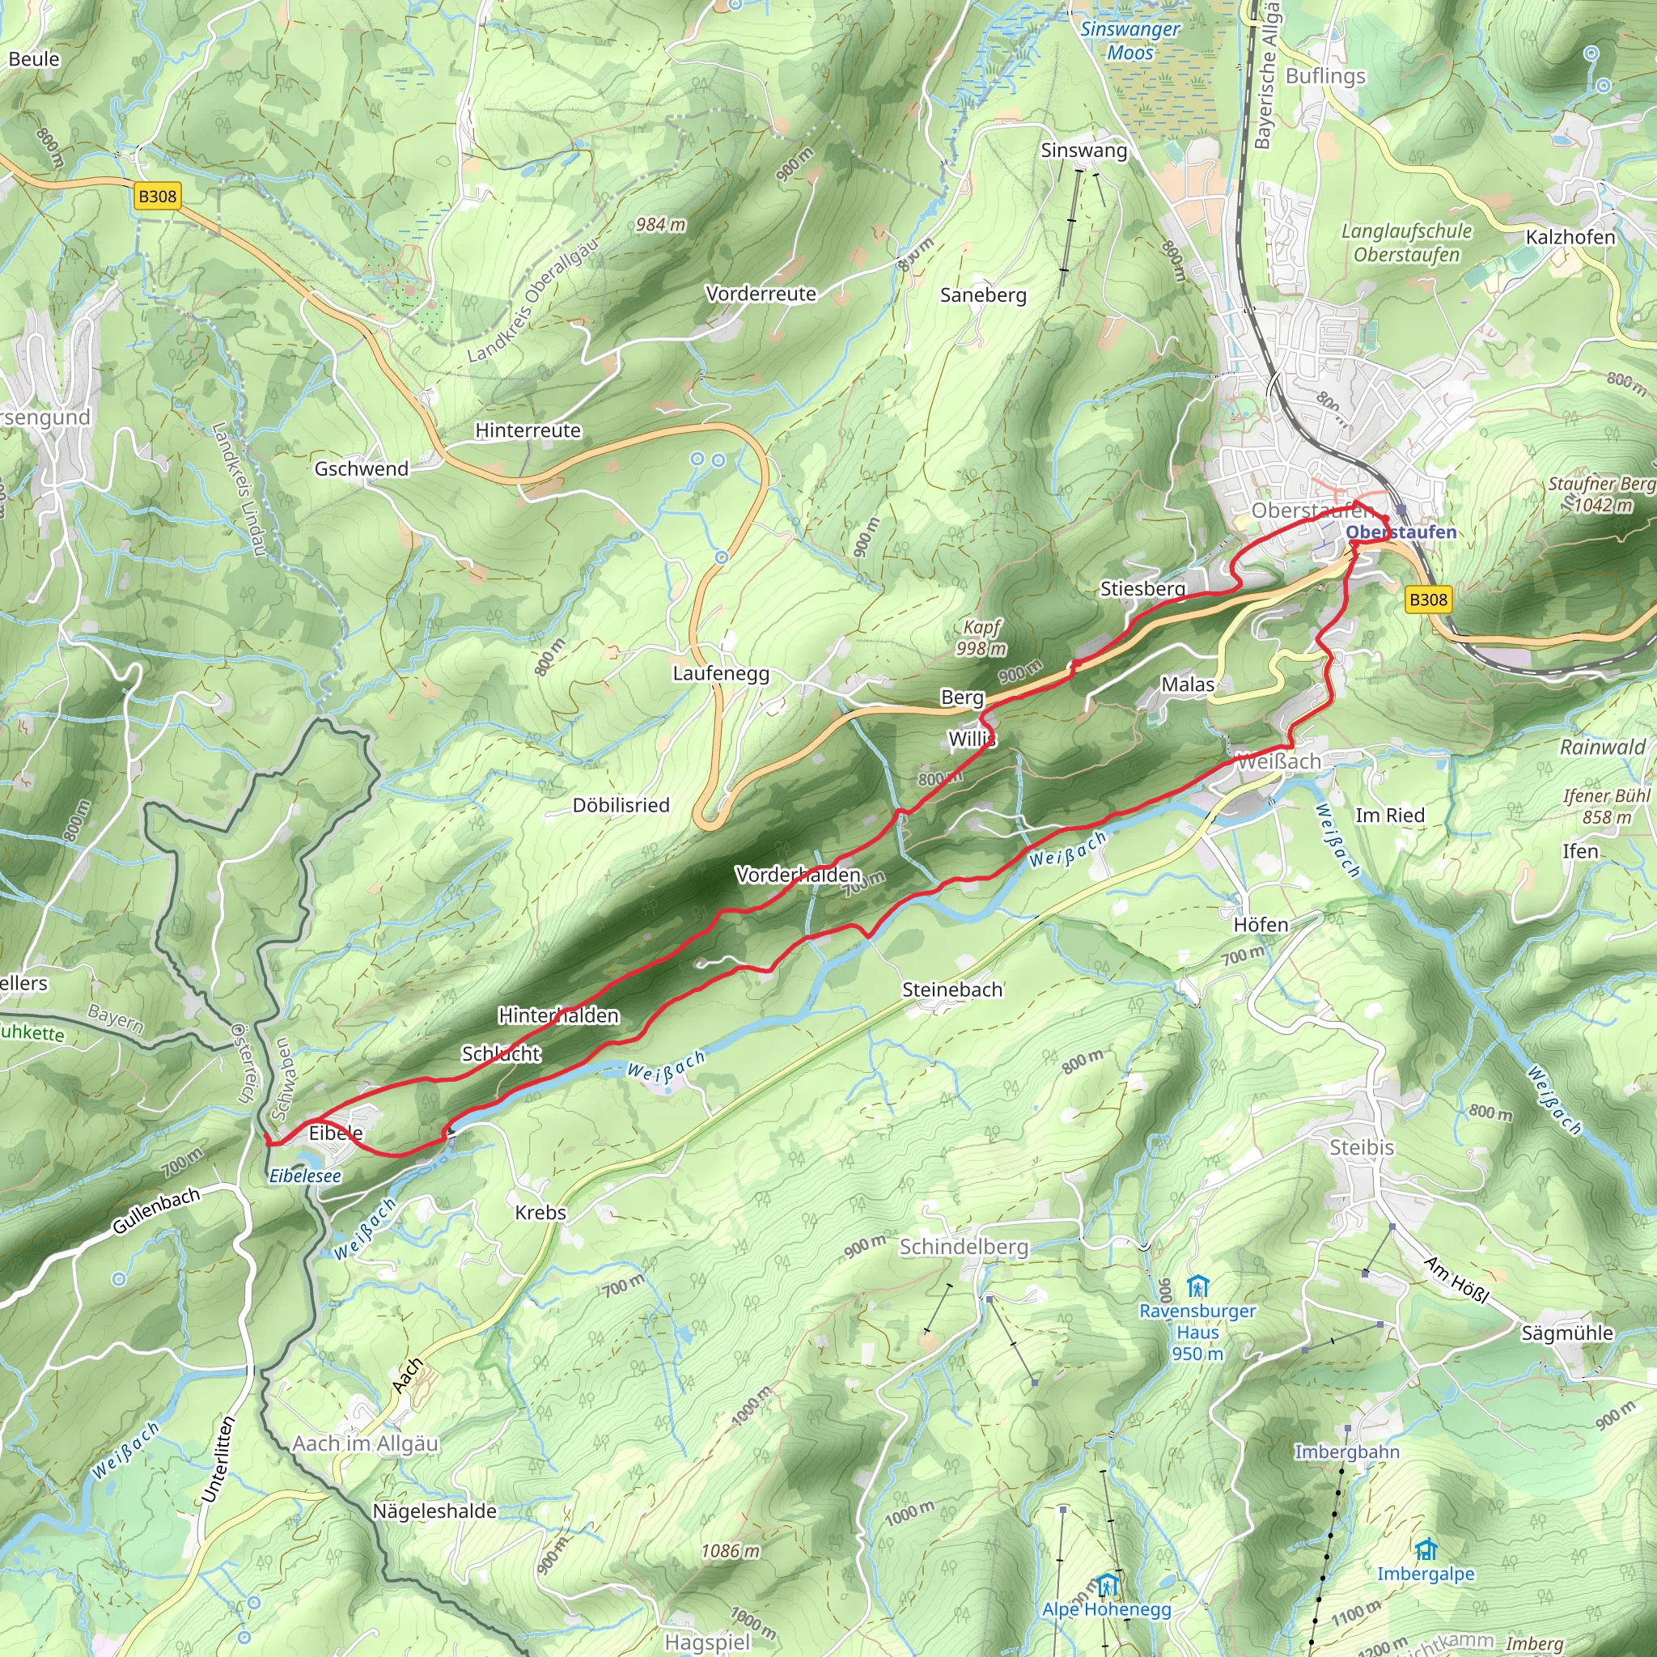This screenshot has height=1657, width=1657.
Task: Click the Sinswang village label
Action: (1083, 150)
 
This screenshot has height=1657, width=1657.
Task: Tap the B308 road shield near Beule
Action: (157, 197)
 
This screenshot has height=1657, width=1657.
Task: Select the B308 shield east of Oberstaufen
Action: (1428, 600)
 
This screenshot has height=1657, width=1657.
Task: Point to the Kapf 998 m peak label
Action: (981, 638)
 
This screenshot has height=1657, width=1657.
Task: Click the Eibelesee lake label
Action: (304, 1176)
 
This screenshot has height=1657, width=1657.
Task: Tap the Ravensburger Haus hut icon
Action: (1197, 1287)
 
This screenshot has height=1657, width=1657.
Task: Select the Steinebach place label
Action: (952, 990)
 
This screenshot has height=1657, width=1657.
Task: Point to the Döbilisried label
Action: (621, 805)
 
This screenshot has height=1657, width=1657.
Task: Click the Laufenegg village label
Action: (720, 673)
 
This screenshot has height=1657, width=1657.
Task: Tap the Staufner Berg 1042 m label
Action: (1600, 494)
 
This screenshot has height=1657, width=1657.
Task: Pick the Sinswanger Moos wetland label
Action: (1130, 40)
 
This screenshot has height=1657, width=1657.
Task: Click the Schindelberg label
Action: (963, 1247)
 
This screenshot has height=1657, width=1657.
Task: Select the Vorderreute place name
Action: (761, 294)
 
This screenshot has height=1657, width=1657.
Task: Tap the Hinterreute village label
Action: (528, 430)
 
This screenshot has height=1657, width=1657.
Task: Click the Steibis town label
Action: (1361, 1147)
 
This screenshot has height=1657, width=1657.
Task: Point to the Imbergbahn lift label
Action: (1346, 1452)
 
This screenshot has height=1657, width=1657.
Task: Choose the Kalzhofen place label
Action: (1570, 237)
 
